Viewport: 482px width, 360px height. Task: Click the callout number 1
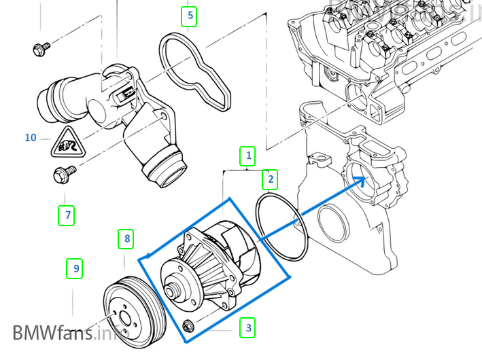248,156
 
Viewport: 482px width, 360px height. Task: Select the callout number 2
270,179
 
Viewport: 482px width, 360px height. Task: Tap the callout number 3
249,328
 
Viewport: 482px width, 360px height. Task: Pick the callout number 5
190,15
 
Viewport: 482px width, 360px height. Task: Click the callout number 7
66,216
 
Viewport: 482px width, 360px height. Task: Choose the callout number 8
126,238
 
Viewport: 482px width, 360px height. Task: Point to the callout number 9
75,269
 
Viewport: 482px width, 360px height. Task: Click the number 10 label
30,138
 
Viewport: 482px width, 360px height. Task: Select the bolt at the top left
40,48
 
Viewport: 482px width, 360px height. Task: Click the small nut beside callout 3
189,327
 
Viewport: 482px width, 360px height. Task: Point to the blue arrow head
363,181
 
